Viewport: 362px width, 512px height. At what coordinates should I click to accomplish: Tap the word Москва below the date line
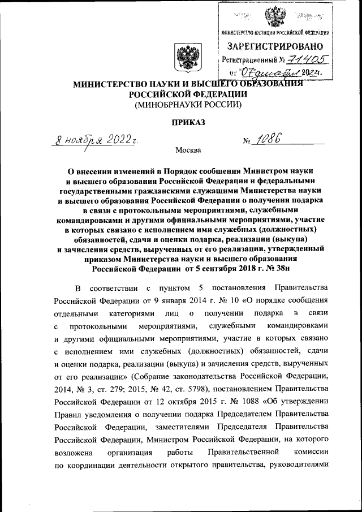(188, 150)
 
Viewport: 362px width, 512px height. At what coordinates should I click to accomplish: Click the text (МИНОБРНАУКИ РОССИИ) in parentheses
(188, 105)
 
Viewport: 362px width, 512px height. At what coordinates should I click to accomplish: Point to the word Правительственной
(244, 452)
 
